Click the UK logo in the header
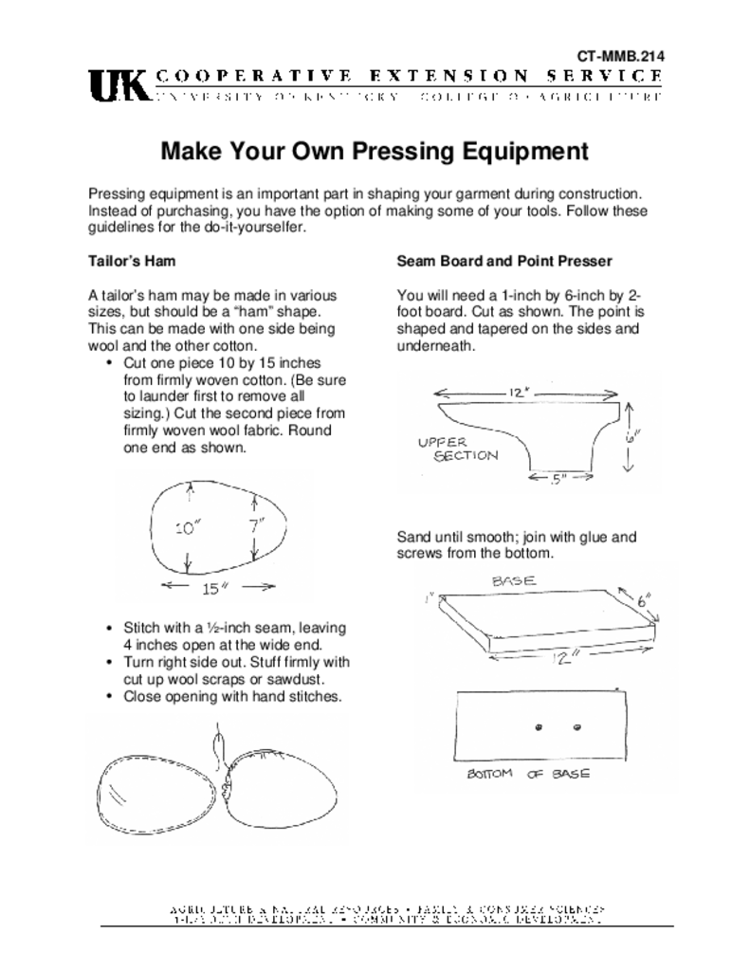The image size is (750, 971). click(x=118, y=86)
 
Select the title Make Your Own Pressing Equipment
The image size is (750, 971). click(x=375, y=152)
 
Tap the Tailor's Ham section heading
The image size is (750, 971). click(x=132, y=260)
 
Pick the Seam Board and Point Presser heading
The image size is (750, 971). click(x=504, y=260)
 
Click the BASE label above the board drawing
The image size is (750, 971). click(x=514, y=579)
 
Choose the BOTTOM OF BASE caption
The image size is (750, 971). click(x=527, y=774)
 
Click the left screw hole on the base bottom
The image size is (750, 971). click(x=538, y=727)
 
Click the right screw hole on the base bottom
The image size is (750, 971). click(x=576, y=727)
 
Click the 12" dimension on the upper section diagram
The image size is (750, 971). click(x=518, y=392)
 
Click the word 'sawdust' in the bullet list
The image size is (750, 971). click(x=299, y=679)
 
